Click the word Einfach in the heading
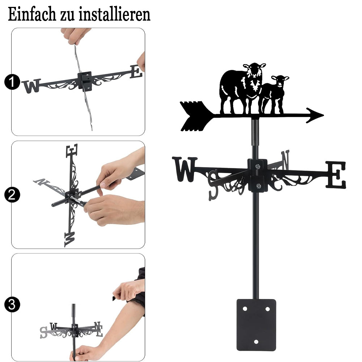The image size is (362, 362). click(x=32, y=14)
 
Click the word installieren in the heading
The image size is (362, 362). click(x=114, y=14)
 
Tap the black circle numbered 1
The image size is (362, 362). click(x=12, y=82)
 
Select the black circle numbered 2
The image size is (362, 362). click(x=12, y=195)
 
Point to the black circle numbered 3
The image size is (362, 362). click(x=12, y=304)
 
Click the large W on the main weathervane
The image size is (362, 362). click(x=185, y=169)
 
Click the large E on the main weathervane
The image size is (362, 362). click(x=336, y=174)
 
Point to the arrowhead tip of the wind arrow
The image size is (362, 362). click(x=324, y=115)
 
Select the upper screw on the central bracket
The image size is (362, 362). click(x=258, y=166)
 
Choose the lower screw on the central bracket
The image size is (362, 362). click(x=258, y=186)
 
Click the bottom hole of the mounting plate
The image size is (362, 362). click(x=256, y=342)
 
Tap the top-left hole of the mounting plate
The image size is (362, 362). click(x=245, y=309)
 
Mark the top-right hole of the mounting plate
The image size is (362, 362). click(x=268, y=309)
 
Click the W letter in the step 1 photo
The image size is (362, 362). click(x=31, y=86)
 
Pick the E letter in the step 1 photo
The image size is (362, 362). click(x=136, y=72)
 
